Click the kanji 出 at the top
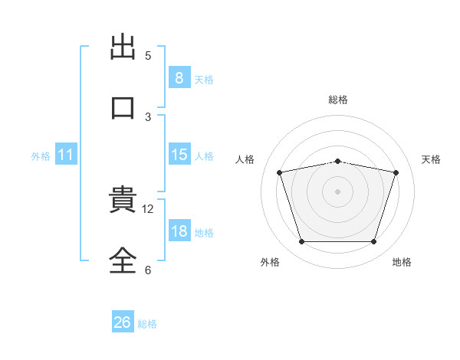point(123,47)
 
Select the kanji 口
point(123,108)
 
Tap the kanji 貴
point(123,198)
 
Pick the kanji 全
point(123,260)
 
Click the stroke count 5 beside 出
point(148,56)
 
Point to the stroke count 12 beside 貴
point(147,209)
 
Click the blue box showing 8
point(179,77)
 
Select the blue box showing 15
point(179,154)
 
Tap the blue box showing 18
point(179,230)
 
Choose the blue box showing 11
point(66,154)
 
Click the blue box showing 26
point(123,321)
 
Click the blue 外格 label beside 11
point(41,156)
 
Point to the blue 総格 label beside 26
point(147,324)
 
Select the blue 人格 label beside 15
point(204,156)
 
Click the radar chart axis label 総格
point(338,100)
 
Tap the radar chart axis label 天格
point(431,159)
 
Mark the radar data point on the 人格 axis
point(280,172)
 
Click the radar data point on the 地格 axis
point(373,241)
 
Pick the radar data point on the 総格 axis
point(337,162)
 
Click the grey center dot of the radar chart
point(337,191)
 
